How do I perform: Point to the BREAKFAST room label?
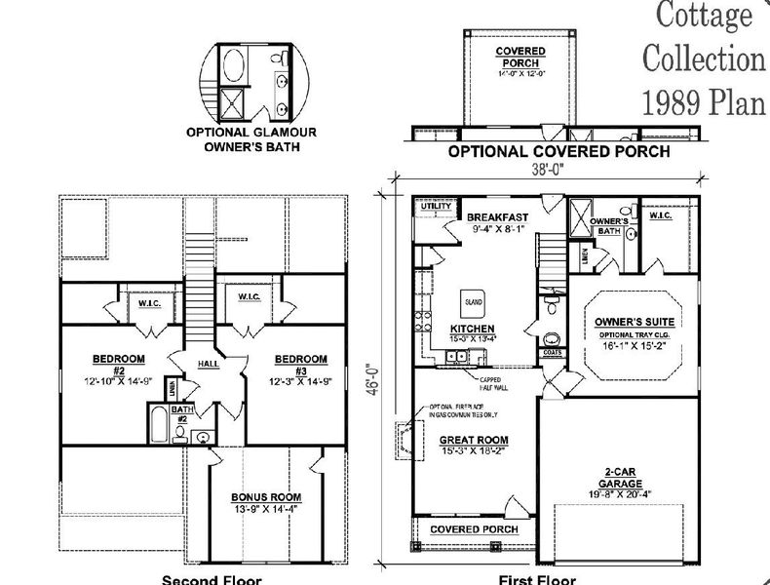pyautogui.click(x=497, y=216)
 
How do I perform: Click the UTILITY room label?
pyautogui.click(x=434, y=207)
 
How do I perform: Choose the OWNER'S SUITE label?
pyautogui.click(x=635, y=321)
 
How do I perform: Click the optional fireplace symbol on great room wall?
pyautogui.click(x=403, y=433)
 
